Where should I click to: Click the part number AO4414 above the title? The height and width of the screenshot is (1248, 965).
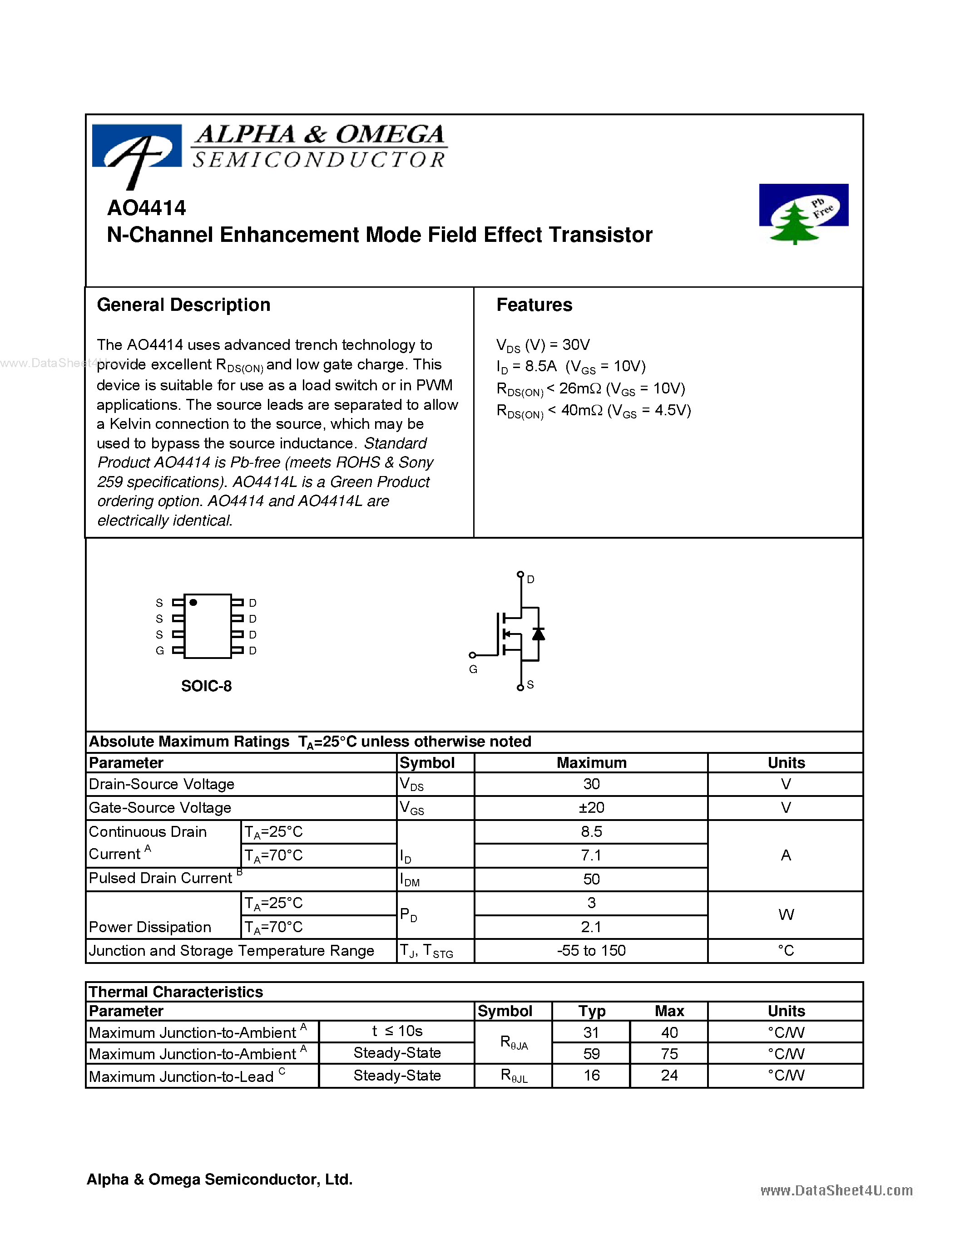pyautogui.click(x=146, y=208)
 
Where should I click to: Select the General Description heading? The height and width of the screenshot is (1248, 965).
pyautogui.click(x=183, y=305)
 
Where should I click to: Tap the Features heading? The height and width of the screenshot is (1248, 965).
pyautogui.click(x=534, y=305)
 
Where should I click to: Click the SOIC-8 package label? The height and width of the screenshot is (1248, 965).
pyautogui.click(x=206, y=686)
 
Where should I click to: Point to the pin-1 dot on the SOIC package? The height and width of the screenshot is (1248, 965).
pyautogui.click(x=193, y=602)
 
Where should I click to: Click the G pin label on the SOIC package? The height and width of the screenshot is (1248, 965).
pyautogui.click(x=159, y=650)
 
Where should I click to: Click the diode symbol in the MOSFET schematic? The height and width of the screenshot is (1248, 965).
pyautogui.click(x=538, y=634)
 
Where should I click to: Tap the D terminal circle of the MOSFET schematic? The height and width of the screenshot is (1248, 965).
pyautogui.click(x=520, y=574)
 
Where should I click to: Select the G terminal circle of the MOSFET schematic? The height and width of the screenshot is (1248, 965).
pyautogui.click(x=472, y=655)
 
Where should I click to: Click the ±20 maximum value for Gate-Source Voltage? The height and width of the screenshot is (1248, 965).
pyautogui.click(x=591, y=807)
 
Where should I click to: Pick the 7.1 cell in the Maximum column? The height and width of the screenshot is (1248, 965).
pyautogui.click(x=591, y=855)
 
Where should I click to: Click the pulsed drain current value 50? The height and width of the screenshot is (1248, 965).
pyautogui.click(x=591, y=879)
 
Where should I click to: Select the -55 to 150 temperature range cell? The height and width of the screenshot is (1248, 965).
pyautogui.click(x=591, y=950)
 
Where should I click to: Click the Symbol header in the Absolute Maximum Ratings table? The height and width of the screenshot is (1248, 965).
pyautogui.click(x=427, y=763)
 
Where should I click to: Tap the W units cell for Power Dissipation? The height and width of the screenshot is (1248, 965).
pyautogui.click(x=786, y=914)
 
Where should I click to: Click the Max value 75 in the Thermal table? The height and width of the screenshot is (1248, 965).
pyautogui.click(x=669, y=1053)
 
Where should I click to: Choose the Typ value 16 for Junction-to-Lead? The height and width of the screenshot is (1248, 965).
pyautogui.click(x=591, y=1076)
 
